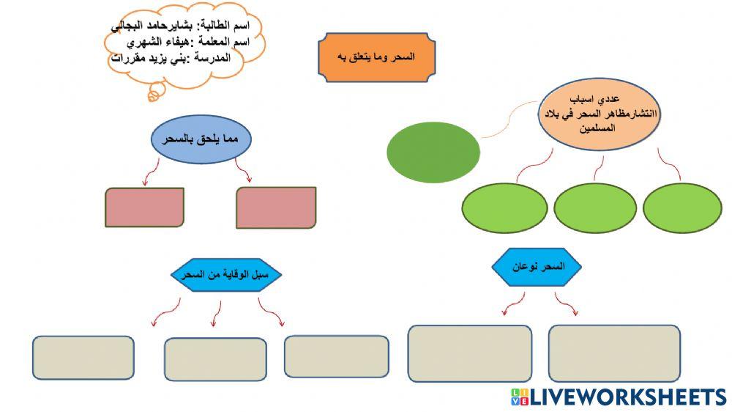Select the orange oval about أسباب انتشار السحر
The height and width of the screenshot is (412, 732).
[599, 113]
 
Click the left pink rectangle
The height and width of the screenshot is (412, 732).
[143, 207]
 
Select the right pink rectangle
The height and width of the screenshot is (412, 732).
[276, 207]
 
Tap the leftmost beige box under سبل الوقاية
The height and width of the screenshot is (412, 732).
[83, 357]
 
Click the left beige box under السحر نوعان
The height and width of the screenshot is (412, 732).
[469, 353]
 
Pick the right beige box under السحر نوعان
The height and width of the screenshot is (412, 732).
[614, 353]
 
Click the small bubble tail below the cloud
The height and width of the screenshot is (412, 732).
[154, 93]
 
